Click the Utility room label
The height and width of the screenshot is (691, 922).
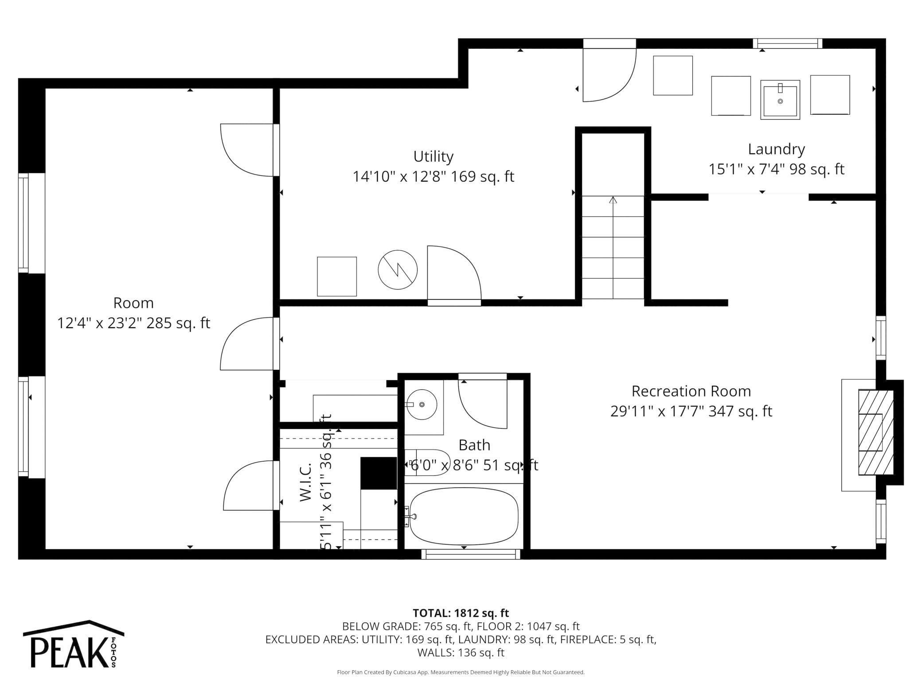(x=433, y=156)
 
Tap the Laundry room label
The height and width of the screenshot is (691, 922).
(x=776, y=149)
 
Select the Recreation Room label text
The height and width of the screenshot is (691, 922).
(x=691, y=391)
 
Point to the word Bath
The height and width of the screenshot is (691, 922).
(x=474, y=445)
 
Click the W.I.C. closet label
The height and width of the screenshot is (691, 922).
(x=306, y=482)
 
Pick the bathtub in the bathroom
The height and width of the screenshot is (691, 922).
(x=464, y=516)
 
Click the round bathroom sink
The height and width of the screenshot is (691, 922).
(x=422, y=404)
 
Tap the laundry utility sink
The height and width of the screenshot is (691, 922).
(x=780, y=100)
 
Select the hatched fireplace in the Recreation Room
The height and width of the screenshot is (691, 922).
(x=875, y=432)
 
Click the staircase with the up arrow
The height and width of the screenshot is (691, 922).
(x=613, y=247)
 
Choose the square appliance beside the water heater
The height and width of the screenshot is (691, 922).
(x=337, y=276)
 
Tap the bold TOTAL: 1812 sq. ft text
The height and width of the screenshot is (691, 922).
(x=461, y=613)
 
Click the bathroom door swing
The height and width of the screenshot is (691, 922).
(x=483, y=401)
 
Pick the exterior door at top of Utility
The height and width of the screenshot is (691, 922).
(x=609, y=71)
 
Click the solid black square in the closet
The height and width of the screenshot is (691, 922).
(x=378, y=473)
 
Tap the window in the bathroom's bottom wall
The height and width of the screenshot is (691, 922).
(x=470, y=554)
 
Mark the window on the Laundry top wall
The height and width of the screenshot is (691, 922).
(x=788, y=43)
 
